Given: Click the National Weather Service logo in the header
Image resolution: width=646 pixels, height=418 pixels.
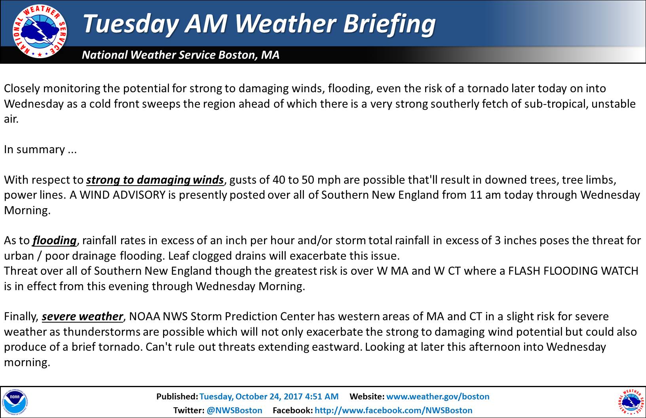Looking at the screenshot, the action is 40,31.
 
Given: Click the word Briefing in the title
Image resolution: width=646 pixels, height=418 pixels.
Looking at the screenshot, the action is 389,24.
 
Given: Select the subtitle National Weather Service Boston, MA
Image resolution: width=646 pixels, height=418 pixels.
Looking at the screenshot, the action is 180,55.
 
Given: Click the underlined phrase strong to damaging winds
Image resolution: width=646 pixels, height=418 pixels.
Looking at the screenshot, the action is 155,180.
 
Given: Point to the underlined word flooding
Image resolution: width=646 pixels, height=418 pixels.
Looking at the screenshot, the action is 55,241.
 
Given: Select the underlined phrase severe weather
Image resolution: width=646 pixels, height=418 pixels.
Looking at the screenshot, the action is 82,316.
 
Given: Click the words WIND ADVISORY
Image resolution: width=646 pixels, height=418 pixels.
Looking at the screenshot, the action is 123,195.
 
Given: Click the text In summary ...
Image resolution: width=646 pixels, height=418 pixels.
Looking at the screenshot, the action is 34,150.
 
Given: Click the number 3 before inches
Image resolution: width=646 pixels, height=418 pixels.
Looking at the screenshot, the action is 498,240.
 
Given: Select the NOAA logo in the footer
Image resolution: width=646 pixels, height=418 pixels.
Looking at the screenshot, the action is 15,403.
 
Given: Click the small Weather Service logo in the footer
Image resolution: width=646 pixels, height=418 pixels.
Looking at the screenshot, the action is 631,403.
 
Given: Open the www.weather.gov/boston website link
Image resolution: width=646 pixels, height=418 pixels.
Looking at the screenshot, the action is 438,396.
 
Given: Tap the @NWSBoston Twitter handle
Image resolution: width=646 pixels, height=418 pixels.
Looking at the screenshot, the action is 234,410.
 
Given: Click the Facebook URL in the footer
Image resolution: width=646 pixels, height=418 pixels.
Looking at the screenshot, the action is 393,410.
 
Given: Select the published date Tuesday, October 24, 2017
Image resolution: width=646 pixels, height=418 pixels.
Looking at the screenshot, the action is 251,397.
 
